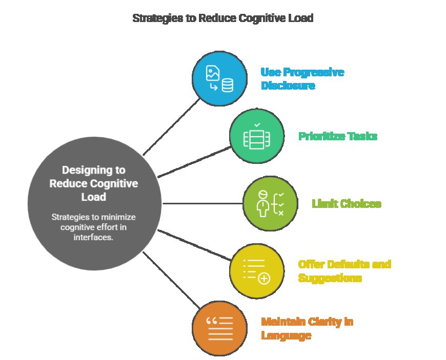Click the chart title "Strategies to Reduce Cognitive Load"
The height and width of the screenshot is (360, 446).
(x=222, y=18)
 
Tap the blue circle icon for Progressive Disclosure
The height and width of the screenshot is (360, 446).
(x=219, y=79)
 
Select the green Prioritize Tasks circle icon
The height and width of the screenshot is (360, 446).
(x=256, y=136)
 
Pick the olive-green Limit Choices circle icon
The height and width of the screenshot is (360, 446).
(x=270, y=203)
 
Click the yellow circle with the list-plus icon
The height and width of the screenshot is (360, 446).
(x=256, y=271)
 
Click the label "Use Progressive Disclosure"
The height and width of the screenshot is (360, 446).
(x=302, y=79)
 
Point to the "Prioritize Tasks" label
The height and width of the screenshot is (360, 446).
(x=338, y=137)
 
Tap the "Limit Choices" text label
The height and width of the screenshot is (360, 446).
(x=347, y=204)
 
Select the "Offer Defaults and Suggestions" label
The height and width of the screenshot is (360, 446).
(x=344, y=271)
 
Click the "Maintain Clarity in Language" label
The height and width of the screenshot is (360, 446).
(x=307, y=329)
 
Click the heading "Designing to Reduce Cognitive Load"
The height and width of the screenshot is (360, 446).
(x=94, y=183)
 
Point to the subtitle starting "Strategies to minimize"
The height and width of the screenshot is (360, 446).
(x=94, y=227)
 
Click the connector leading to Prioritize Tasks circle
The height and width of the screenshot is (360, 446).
(x=194, y=162)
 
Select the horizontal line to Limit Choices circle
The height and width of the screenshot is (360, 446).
(x=202, y=203)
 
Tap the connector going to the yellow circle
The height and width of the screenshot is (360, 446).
(x=194, y=245)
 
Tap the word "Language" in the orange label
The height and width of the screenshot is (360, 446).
(x=286, y=335)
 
